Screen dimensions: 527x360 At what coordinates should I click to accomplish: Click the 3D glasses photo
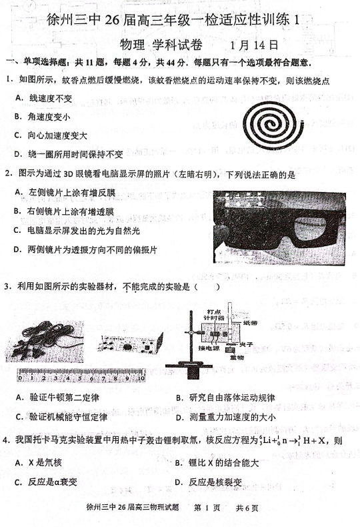point(277,221)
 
